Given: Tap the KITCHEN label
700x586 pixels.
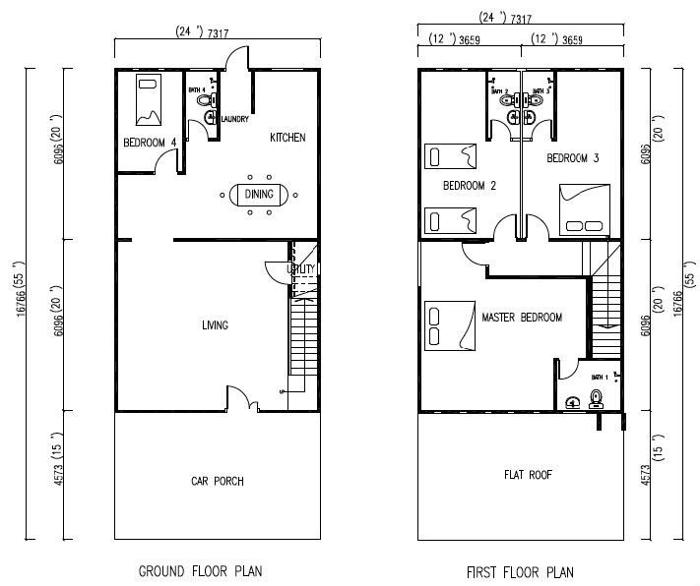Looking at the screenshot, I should tap(287, 138).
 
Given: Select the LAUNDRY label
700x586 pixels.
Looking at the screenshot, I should tap(234, 120).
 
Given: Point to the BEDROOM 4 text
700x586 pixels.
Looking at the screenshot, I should tap(150, 143).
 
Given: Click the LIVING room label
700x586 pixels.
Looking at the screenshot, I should tap(216, 325).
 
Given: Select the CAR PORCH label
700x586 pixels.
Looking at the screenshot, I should tap(217, 481).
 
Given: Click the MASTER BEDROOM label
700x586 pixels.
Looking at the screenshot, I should tap(522, 318).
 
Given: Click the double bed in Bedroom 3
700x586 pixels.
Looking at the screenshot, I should tap(583, 208).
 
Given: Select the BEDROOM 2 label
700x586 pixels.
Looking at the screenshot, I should tap(469, 186).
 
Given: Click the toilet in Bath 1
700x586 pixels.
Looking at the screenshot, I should tap(595, 398).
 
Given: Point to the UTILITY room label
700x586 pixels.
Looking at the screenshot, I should tap(300, 269).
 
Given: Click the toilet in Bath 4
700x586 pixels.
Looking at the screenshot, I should tap(203, 100).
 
